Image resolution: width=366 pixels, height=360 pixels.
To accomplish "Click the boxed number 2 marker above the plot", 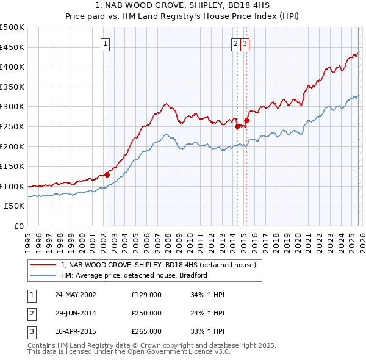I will pos(235,43).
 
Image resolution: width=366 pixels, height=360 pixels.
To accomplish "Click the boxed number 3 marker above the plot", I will pos(245,43).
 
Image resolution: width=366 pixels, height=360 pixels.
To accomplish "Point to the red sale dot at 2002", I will pos(107,175).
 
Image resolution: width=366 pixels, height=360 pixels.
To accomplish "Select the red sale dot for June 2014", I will pos(237,126).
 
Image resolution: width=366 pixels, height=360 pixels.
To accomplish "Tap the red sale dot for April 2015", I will pos(246,120).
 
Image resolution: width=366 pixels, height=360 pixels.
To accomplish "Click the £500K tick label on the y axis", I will pos(12,27).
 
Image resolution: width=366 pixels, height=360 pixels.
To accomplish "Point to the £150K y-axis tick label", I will pos(12,166).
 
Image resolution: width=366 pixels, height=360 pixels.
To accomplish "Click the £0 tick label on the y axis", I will pos(18,226).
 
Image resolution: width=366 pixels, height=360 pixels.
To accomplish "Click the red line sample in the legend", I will pos(44,265).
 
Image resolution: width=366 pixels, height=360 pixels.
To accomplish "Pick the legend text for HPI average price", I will pos(134,275).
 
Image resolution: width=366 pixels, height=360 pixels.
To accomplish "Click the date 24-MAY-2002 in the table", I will pos(75,294).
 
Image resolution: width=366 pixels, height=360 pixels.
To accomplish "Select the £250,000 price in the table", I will pos(146,313).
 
